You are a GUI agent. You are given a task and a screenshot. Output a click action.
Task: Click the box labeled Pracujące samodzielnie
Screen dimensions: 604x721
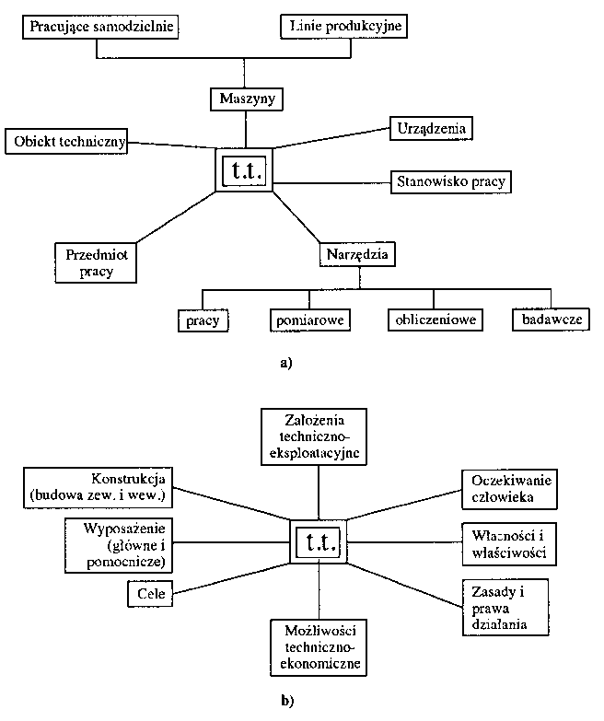click(x=100, y=27)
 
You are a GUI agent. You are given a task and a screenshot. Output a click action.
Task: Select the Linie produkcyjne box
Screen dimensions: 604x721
click(x=343, y=26)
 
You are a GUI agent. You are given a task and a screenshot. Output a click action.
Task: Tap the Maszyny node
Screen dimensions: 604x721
click(x=247, y=99)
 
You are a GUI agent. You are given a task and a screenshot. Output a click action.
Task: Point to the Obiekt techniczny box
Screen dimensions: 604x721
click(x=66, y=141)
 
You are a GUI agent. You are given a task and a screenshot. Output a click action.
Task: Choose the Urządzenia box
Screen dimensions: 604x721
click(x=431, y=128)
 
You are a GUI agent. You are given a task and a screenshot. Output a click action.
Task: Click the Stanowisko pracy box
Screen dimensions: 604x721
click(x=451, y=182)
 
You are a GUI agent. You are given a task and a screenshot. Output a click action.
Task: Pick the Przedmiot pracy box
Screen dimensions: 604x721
click(x=96, y=262)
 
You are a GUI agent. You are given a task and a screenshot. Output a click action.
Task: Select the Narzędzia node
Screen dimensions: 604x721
click(x=357, y=255)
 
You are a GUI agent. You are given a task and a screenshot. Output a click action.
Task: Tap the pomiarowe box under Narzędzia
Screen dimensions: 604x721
click(x=310, y=320)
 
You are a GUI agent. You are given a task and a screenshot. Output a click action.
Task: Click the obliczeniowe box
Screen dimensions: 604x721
click(x=436, y=320)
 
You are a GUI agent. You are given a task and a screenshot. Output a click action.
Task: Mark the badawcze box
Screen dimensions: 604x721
click(x=552, y=320)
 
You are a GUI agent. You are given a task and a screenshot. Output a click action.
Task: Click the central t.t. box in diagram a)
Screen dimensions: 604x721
click(x=245, y=170)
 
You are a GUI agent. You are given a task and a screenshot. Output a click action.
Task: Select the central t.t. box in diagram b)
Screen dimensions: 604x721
click(x=319, y=541)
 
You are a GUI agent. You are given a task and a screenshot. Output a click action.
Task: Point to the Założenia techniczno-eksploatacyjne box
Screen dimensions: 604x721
click(x=314, y=436)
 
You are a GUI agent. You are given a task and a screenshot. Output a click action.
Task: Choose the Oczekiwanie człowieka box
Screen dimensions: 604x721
click(x=510, y=489)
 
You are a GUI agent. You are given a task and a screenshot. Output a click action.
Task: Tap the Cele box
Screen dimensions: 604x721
click(x=150, y=594)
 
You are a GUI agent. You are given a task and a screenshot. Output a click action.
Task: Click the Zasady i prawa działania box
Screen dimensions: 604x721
click(x=505, y=608)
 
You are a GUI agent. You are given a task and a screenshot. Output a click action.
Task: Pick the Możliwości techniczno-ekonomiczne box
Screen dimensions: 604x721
click(x=319, y=647)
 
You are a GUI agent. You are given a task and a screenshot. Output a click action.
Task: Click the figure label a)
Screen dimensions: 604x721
click(x=286, y=363)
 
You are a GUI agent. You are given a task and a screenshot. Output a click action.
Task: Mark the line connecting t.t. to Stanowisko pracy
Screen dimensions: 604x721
click(x=331, y=183)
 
